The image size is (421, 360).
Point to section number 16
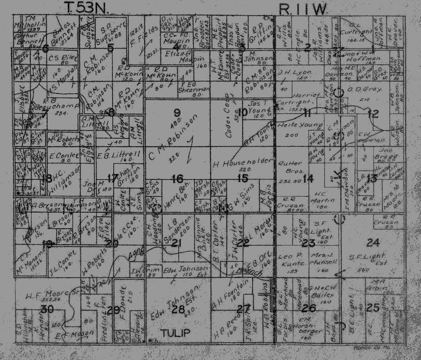coord(177,179)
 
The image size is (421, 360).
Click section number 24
coord(372,242)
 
